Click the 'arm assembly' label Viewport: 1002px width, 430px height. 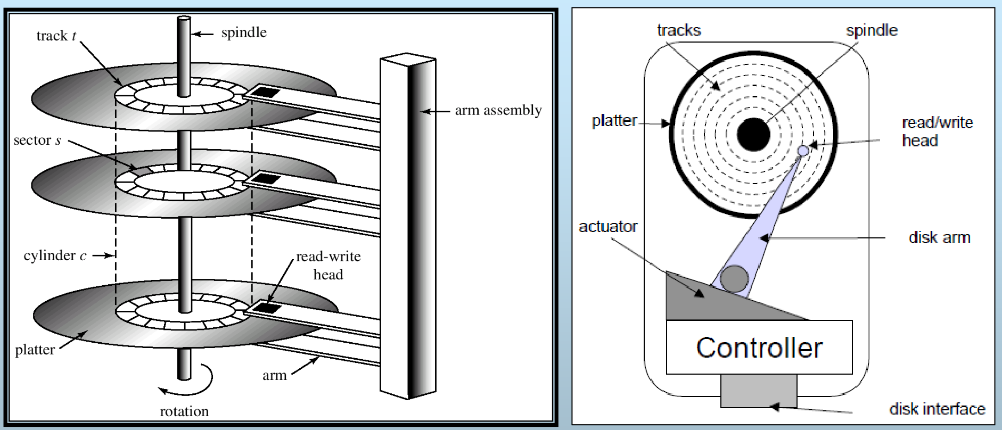click(498, 110)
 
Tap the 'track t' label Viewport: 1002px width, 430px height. click(56, 36)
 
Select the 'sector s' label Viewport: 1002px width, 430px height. click(37, 140)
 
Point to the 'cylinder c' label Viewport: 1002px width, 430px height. click(55, 255)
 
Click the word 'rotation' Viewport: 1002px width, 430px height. click(184, 411)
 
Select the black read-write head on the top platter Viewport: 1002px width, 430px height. click(265, 92)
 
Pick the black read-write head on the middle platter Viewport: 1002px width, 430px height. click(265, 178)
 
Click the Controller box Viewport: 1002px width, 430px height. click(759, 347)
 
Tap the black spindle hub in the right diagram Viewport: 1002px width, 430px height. click(753, 134)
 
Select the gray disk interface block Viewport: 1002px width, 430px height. click(759, 391)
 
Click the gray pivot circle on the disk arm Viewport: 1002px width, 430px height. click(734, 278)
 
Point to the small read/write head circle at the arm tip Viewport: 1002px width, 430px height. click(803, 151)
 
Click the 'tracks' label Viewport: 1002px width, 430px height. click(679, 30)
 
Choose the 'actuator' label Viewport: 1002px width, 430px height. click(608, 227)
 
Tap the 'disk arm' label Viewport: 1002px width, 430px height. click(939, 237)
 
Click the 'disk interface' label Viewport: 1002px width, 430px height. click(937, 409)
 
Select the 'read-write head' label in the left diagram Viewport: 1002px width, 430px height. click(328, 265)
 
